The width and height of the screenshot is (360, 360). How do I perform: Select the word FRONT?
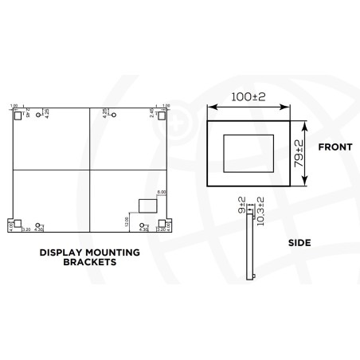[335, 147]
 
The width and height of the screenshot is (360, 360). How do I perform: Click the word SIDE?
[300, 242]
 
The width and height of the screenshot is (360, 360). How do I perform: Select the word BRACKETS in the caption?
[89, 261]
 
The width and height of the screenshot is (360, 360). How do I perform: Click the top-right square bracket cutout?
[162, 115]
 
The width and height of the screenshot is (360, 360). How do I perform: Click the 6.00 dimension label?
[161, 192]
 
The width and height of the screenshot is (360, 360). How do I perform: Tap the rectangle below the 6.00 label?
[148, 205]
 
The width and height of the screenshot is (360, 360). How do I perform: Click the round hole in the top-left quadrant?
[39, 116]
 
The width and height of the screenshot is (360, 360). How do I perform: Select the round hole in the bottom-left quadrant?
[39, 225]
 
